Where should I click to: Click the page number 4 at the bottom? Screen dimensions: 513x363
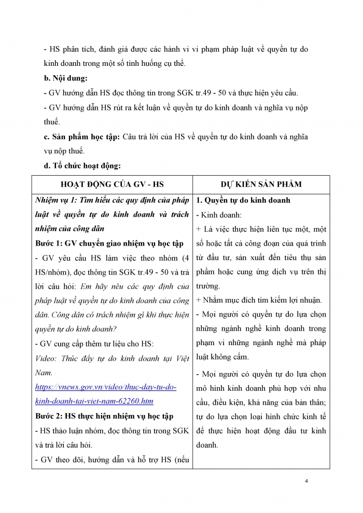click(307, 481)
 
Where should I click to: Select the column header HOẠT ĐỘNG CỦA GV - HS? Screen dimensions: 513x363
click(112, 184)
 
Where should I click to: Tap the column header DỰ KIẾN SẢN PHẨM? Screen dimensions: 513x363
click(261, 184)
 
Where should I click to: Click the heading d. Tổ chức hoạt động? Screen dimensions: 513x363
click(82, 166)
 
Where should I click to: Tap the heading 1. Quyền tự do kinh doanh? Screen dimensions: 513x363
click(243, 200)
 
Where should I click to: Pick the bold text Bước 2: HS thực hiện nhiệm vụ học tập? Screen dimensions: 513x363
click(104, 416)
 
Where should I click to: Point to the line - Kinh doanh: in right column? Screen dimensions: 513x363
click(216, 215)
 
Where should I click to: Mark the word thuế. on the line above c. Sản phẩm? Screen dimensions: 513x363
click(52, 122)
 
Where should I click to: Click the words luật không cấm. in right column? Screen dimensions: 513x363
click(222, 357)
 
